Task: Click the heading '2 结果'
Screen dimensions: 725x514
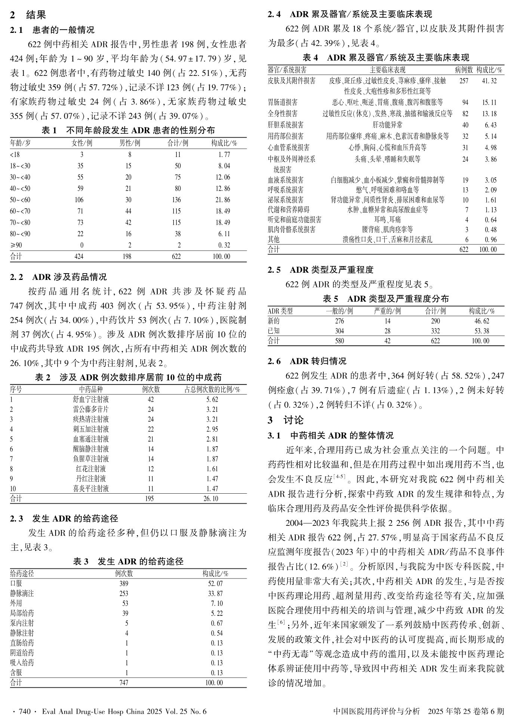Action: click(x=28, y=15)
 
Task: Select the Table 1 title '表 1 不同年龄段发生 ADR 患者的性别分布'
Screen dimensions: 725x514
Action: click(x=128, y=130)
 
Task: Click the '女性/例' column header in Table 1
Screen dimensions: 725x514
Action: click(x=82, y=143)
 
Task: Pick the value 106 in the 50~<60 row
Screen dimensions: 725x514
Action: click(x=79, y=200)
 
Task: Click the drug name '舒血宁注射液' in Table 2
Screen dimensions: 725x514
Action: click(x=91, y=399)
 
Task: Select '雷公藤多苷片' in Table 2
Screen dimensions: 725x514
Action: click(x=91, y=409)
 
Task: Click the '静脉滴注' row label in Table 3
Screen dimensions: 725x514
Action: click(x=22, y=593)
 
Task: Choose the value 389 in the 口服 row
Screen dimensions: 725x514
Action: click(x=123, y=584)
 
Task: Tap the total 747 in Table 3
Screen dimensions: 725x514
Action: click(x=123, y=683)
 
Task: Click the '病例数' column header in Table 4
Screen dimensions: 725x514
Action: click(x=464, y=70)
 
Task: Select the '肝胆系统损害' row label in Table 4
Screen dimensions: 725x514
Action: click(x=286, y=125)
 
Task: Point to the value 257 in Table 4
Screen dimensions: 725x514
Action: click(x=464, y=81)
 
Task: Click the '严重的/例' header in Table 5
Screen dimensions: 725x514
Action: click(x=387, y=311)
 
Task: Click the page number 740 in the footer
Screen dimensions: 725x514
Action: click(x=24, y=711)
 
